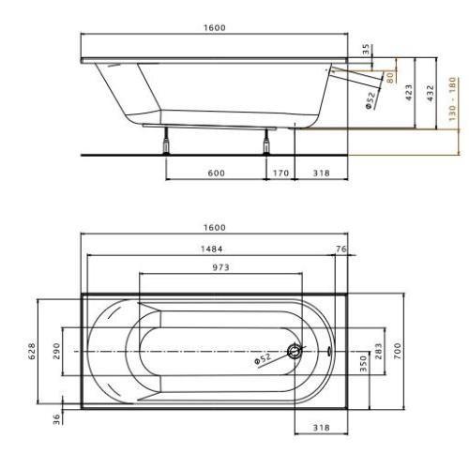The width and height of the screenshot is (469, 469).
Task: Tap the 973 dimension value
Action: [x=220, y=267]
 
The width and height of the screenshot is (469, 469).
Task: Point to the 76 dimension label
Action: [x=340, y=249]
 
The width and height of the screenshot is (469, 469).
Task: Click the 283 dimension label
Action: [x=378, y=353]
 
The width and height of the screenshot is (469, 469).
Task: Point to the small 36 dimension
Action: [x=56, y=419]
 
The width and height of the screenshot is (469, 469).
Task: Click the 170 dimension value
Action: [x=280, y=173]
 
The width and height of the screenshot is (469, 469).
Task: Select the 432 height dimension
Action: [x=430, y=94]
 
